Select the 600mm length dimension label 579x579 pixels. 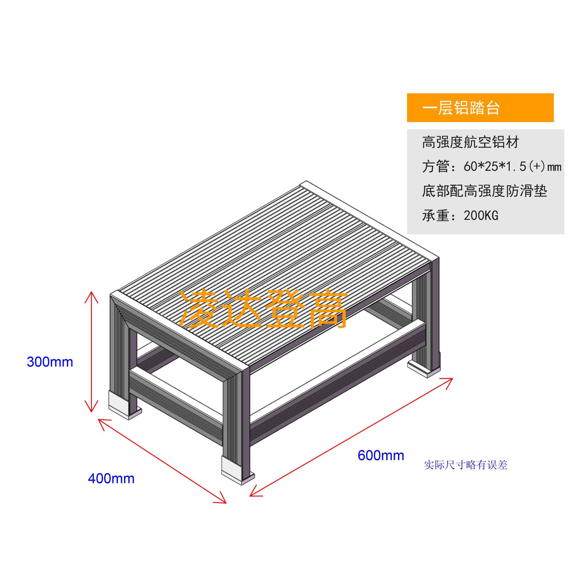pos(381,455)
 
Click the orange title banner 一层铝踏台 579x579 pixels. pos(480,108)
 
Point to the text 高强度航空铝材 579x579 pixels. pos(471,142)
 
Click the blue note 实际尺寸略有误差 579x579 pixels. pos(466,465)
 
